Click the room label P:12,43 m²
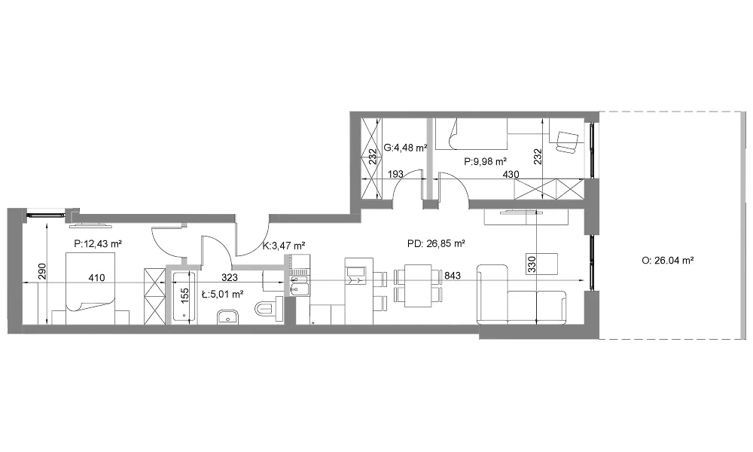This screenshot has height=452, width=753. coord(98,244)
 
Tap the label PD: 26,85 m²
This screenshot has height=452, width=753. coord(436,243)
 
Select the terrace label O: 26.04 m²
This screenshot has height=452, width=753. coord(667,261)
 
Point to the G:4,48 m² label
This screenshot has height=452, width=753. coord(406,148)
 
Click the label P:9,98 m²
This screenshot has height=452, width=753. coord(486,162)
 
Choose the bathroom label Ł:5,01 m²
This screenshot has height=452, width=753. coord(222,294)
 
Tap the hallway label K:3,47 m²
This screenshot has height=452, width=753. coord(285,246)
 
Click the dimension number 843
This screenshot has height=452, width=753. coord(453,275)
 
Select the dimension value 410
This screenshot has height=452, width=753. coord(96,277)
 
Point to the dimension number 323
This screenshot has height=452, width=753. coord(230,277)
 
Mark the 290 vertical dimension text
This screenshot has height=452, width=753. coord(41,272)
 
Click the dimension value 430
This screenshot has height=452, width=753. coord(511,174)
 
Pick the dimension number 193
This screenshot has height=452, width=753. coord(395,174)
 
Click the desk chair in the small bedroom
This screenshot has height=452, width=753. coord(567,142)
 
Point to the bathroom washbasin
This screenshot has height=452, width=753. coord(228,317)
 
